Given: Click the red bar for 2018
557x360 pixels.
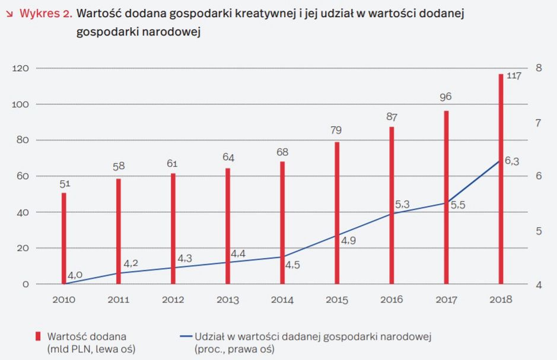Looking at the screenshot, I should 501,178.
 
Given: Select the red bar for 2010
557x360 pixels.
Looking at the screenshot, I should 63,238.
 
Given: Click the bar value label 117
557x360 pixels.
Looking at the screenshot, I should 513,76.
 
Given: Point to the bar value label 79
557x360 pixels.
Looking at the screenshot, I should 336,130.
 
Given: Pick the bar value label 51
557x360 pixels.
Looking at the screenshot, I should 64,183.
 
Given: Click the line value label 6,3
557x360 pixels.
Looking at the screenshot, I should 512,161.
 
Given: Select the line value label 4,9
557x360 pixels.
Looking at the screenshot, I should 348,240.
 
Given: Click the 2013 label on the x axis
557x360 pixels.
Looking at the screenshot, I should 228,299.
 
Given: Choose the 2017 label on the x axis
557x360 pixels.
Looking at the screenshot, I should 446,299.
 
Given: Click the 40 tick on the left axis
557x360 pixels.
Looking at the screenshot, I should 23,212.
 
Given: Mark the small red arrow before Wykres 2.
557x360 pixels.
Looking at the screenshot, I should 9,14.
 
